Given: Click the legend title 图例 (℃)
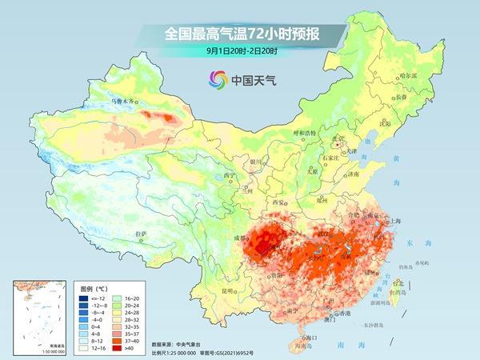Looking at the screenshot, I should click(94, 286).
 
